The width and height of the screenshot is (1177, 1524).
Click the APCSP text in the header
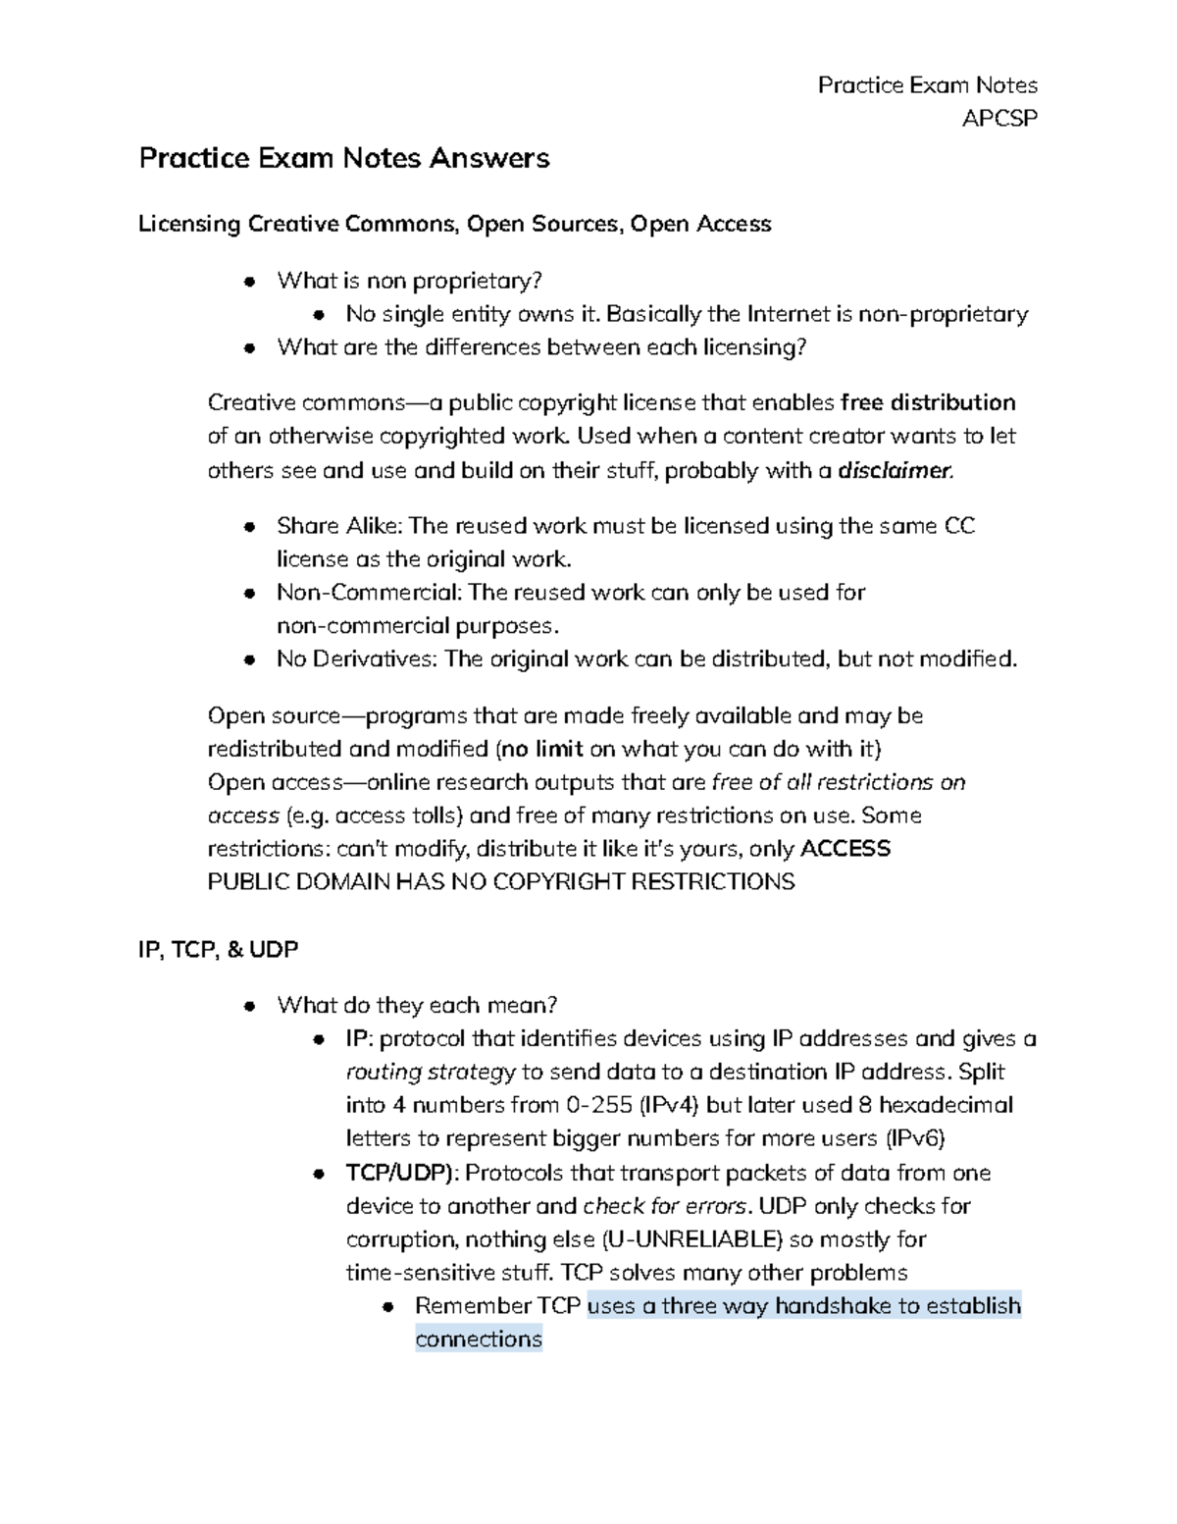[998, 119]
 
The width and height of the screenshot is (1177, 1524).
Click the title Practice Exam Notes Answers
[343, 158]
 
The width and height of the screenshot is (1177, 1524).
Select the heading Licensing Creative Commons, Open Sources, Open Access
[454, 224]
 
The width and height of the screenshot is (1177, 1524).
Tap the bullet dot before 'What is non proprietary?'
[251, 282]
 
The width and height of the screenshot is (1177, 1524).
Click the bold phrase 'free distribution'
[928, 402]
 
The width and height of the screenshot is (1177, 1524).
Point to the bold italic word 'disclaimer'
[894, 470]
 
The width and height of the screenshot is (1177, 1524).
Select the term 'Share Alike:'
[338, 526]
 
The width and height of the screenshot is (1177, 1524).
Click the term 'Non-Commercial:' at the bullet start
[369, 593]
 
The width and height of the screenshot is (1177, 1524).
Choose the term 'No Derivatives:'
[357, 658]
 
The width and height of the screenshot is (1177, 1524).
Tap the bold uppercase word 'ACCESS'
[845, 848]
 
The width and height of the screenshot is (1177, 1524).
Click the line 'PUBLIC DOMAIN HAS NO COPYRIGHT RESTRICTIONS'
[501, 881]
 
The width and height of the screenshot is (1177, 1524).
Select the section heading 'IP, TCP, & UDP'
[219, 949]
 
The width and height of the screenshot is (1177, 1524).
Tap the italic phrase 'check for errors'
[664, 1206]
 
